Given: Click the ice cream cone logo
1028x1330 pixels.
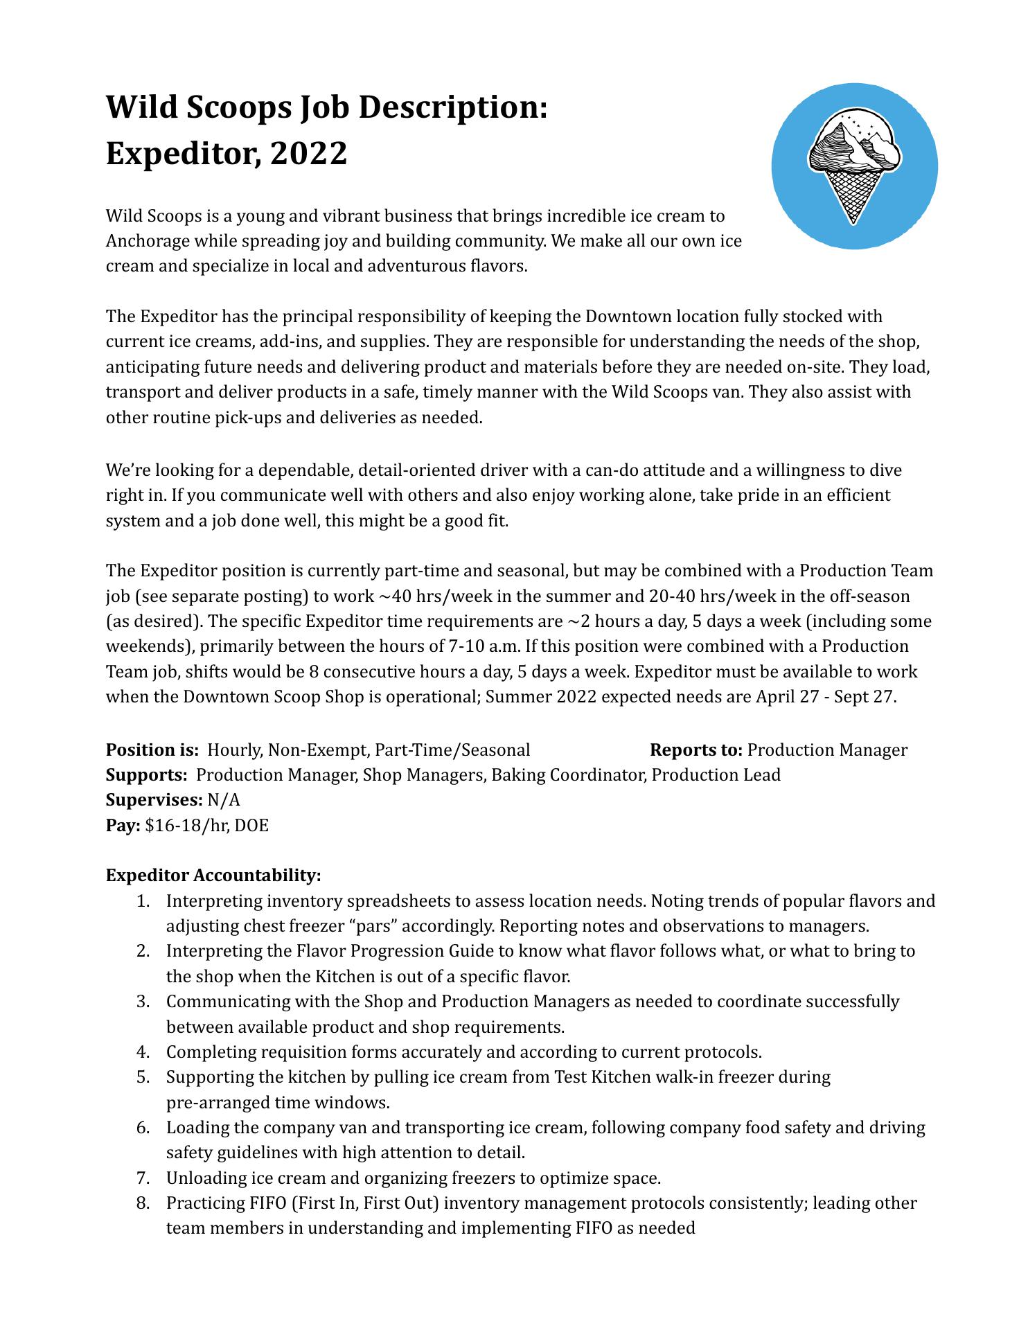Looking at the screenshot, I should [854, 166].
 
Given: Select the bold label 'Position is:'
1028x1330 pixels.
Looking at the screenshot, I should [152, 750].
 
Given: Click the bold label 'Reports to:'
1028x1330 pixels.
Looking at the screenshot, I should [696, 750].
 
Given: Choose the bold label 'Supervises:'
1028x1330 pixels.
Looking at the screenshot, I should [154, 800].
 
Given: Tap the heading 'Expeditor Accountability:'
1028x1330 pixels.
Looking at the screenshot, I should [213, 876].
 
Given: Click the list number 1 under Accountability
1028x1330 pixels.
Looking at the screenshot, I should [142, 901].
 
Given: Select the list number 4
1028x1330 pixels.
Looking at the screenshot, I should [143, 1052].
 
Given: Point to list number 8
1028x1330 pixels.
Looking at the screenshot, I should [143, 1203].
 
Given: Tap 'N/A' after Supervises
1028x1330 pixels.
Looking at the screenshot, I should [224, 800].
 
